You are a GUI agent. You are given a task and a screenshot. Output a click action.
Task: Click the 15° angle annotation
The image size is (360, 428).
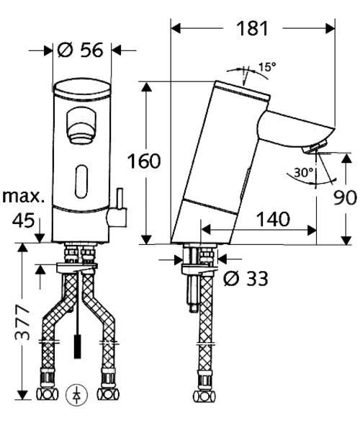point(267,67)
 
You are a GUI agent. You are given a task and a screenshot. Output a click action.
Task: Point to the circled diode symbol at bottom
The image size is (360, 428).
point(75,394)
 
